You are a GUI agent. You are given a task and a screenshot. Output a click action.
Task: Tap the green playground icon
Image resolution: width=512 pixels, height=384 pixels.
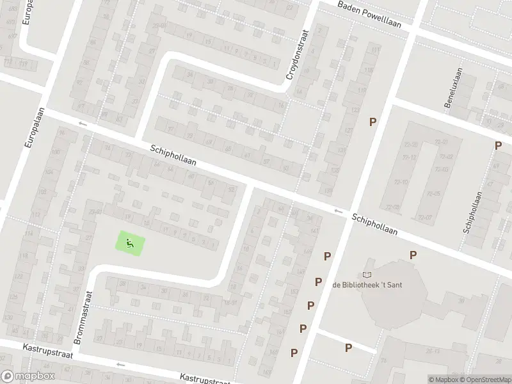coord(130,243)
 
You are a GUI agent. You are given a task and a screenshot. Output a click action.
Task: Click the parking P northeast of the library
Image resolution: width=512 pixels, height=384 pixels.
coord(413,255)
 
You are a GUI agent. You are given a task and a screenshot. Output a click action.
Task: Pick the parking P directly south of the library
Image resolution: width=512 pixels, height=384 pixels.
coord(348,348)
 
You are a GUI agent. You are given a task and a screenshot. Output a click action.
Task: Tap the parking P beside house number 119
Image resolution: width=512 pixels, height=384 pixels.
coord(371,122)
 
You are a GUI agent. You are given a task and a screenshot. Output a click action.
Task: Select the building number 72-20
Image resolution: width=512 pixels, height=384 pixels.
coord(411,145)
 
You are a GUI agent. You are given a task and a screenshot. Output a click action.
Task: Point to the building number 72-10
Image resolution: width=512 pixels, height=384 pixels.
coord(401,182)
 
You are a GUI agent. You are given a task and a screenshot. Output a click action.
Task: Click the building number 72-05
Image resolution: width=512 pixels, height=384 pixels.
coord(433,194)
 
